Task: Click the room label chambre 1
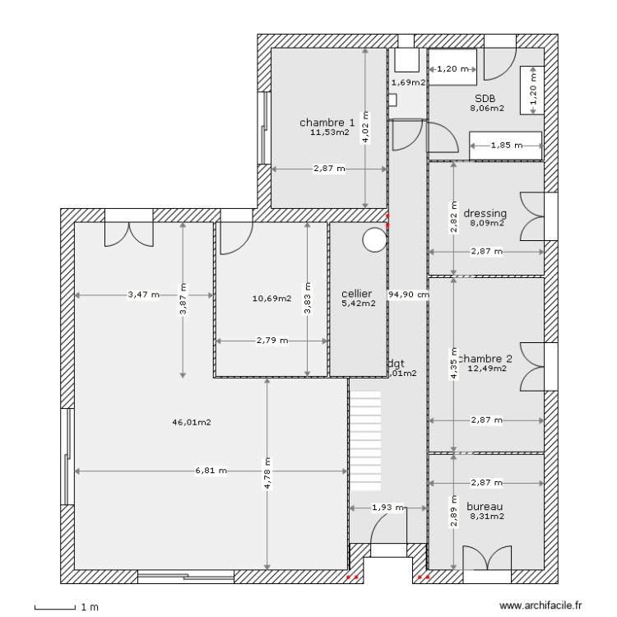click(x=327, y=123)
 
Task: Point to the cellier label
click(x=358, y=293)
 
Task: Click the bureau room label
click(x=485, y=506)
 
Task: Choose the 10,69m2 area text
click(x=271, y=299)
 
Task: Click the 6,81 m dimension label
click(x=211, y=471)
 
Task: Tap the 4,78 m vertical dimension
click(x=267, y=473)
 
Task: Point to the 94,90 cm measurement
click(x=409, y=294)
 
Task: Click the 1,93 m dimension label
click(x=388, y=508)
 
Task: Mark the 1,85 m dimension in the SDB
click(x=505, y=146)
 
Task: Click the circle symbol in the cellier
click(x=374, y=239)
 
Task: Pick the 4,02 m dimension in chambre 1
click(x=366, y=128)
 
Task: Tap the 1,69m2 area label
click(x=408, y=82)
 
